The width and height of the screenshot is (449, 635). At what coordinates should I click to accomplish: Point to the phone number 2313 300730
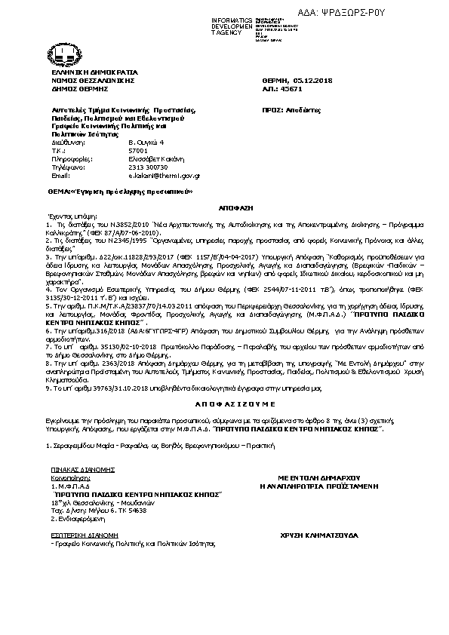click(148, 167)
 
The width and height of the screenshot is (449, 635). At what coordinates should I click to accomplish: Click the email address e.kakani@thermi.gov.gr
click(164, 175)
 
